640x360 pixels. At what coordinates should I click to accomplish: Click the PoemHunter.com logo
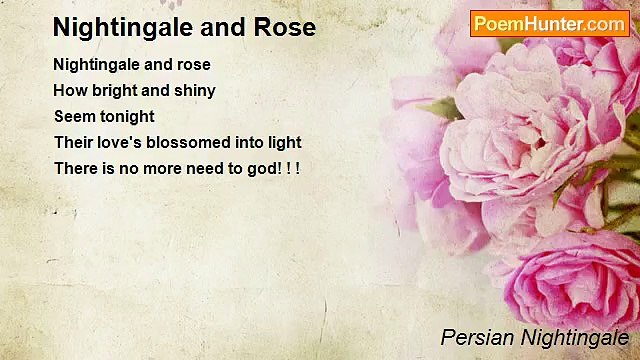click(x=549, y=24)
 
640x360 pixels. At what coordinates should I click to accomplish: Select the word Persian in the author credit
click(x=475, y=337)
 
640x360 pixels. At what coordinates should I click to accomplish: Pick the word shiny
click(x=194, y=90)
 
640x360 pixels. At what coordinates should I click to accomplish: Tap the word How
click(x=70, y=90)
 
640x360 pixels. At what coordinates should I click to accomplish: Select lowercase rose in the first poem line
click(x=192, y=64)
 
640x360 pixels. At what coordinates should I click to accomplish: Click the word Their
click(x=74, y=142)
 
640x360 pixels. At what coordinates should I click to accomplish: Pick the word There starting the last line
click(x=76, y=168)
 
